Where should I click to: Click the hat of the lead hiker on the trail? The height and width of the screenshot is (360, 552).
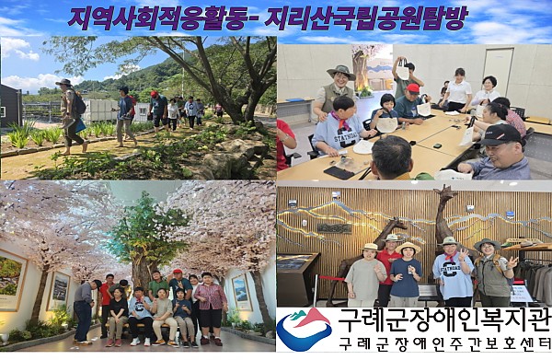pyautogui.click(x=63, y=83)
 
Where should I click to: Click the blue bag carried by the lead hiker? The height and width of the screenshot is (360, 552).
pyautogui.click(x=79, y=125)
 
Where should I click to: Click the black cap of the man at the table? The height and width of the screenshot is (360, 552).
pyautogui.click(x=502, y=133)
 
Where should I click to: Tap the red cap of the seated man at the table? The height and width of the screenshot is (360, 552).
pyautogui.click(x=413, y=89)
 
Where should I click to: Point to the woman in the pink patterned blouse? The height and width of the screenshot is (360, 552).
pyautogui.click(x=211, y=296)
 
